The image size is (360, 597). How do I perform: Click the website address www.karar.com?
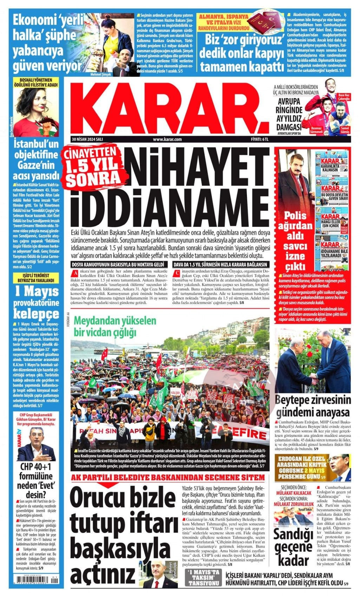(167, 139)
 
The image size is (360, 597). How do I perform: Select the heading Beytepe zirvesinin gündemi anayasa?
(313, 406)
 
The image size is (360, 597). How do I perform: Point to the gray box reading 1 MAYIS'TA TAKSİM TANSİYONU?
(203, 577)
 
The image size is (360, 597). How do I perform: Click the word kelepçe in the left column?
(36, 313)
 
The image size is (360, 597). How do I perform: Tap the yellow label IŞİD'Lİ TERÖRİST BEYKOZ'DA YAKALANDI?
(36, 278)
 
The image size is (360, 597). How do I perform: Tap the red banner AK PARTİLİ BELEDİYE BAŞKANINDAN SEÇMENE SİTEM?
(168, 477)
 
